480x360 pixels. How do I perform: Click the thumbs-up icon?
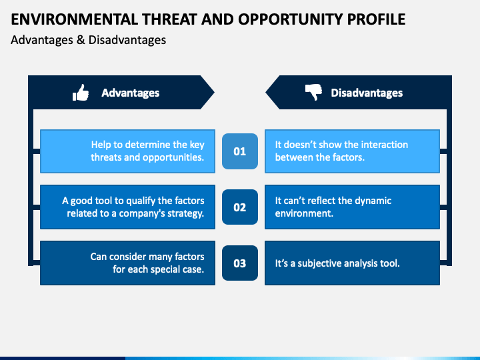tap(81, 93)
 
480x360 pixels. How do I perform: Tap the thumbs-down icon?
tap(313, 92)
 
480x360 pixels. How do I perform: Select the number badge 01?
tap(240, 151)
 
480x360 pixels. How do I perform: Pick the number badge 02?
tap(240, 207)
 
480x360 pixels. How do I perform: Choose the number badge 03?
tap(240, 263)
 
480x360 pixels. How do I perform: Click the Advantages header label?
tap(131, 93)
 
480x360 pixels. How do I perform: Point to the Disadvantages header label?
tap(367, 93)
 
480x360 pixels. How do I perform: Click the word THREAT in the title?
tap(169, 19)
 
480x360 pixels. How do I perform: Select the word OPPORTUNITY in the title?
tap(291, 19)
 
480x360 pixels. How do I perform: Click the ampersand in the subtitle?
tap(81, 40)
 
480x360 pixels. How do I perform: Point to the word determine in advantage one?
tap(155, 145)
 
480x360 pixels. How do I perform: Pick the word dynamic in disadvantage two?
tap(373, 201)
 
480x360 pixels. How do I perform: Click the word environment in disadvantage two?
tap(304, 213)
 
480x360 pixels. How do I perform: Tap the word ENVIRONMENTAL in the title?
tap(75, 19)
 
